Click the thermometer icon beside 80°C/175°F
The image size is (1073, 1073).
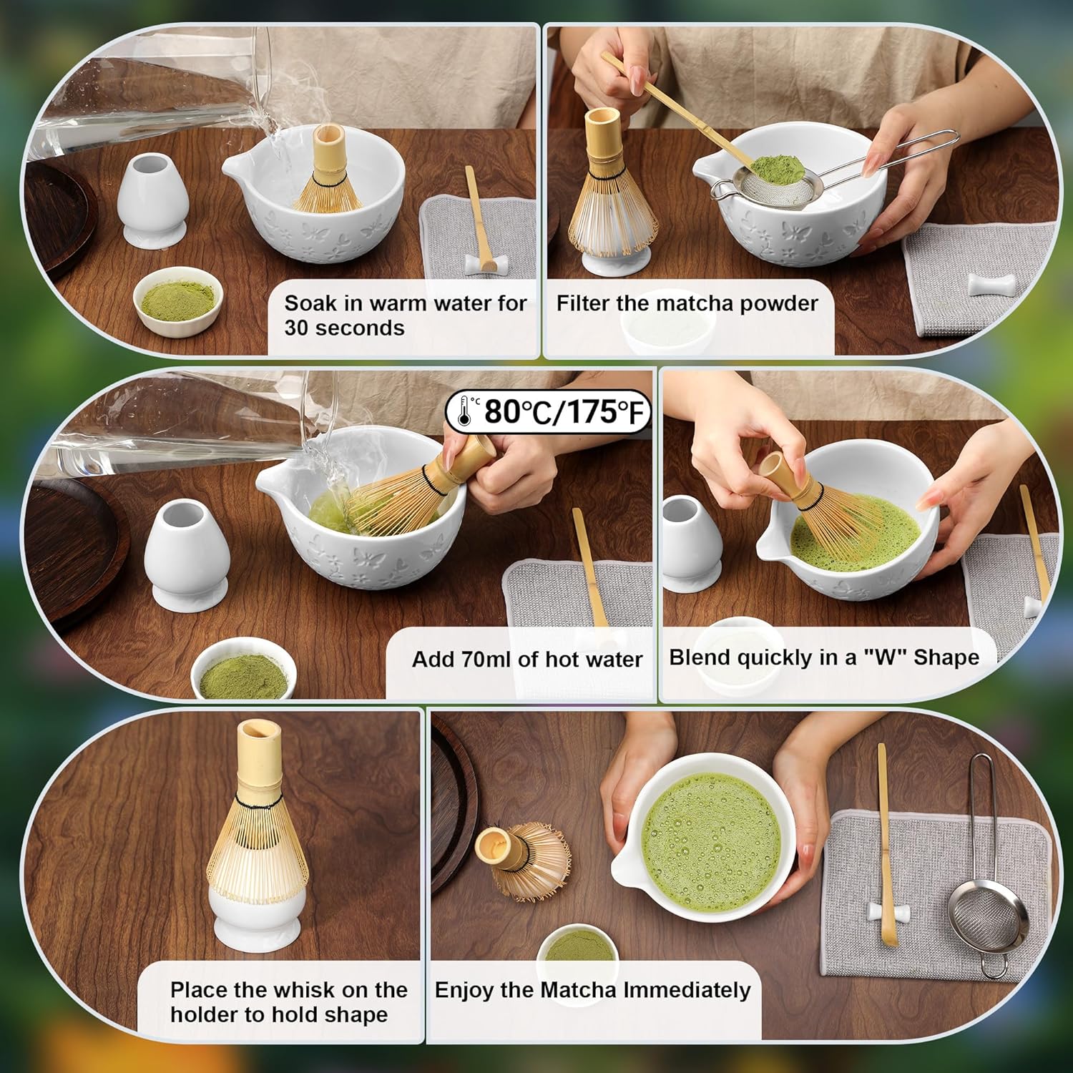pos(465,411)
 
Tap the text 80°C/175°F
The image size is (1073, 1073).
pos(565,412)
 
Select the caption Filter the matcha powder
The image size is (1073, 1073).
pos(687,303)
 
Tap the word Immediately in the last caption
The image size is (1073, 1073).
pos(687,990)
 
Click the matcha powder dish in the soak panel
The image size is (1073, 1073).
pos(178,299)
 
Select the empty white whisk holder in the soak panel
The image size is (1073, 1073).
pos(152,202)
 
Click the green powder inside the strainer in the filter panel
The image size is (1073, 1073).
pos(774,170)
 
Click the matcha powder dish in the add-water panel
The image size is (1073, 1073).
pos(243,668)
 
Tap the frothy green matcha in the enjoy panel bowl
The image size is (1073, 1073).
pos(711,841)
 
